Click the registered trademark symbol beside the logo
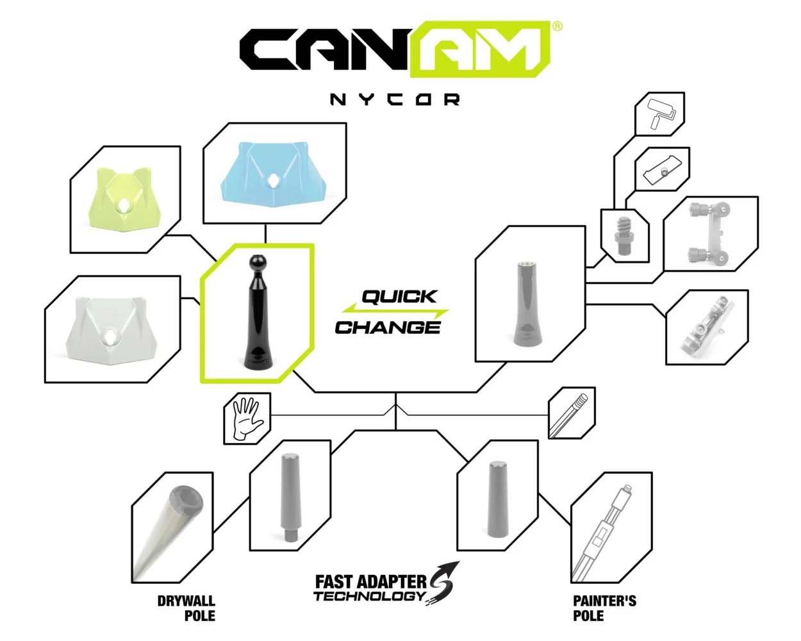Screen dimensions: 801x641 click(557, 26)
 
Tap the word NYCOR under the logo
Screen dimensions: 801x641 click(395, 99)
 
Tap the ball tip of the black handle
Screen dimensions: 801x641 click(257, 262)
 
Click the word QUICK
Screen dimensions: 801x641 click(399, 297)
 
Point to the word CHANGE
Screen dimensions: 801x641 click(388, 328)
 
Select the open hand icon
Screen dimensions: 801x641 click(247, 419)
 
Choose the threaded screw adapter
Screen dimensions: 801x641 click(624, 236)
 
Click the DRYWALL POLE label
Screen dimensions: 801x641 click(186, 608)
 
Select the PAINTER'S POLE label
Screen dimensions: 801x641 click(604, 608)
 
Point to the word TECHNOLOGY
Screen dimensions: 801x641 click(369, 596)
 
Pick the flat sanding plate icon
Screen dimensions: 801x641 click(663, 170)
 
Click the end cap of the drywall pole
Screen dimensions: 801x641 click(186, 499)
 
